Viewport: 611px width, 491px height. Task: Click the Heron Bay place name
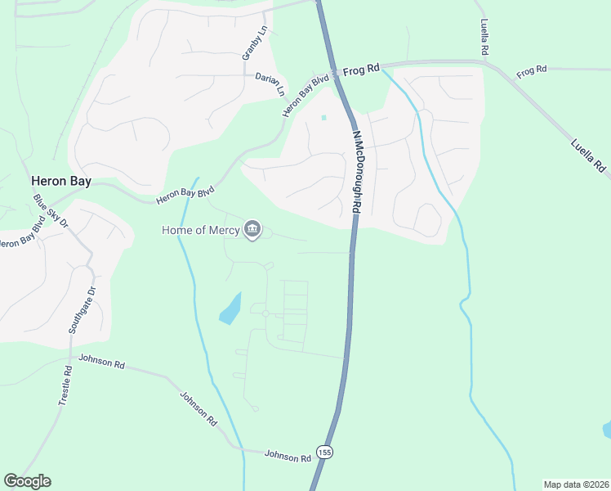[60, 182]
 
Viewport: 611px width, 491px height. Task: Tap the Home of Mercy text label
[200, 230]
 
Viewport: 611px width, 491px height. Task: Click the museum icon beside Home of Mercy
[252, 230]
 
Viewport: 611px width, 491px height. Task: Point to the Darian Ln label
[270, 79]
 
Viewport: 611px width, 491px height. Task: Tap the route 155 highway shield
[325, 452]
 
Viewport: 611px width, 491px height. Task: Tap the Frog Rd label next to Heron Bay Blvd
[362, 70]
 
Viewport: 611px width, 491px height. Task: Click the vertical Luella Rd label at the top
[484, 38]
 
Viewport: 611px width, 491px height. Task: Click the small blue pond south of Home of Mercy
[230, 309]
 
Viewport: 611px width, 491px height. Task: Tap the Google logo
[27, 481]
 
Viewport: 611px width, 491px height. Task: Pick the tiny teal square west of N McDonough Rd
[323, 118]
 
